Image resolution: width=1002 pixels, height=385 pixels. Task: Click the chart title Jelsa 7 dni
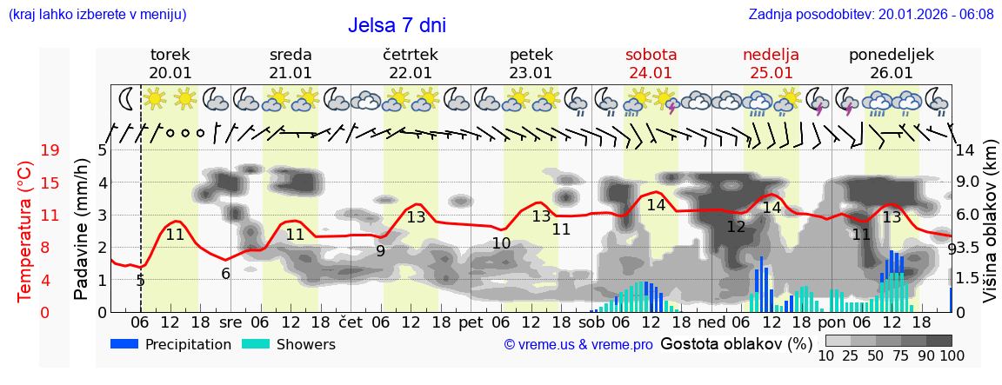[403, 25]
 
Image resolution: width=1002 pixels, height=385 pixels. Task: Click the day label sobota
[651, 55]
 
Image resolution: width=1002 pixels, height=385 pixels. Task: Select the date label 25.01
[771, 73]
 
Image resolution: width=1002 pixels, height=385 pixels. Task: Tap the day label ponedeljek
[891, 55]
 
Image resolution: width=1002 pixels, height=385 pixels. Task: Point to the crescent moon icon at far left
[127, 98]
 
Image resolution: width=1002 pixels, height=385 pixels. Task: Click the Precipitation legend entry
[170, 344]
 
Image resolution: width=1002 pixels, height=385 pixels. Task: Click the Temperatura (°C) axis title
[25, 231]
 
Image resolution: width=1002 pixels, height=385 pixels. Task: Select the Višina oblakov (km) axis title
[990, 231]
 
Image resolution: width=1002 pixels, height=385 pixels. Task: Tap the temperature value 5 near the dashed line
[140, 281]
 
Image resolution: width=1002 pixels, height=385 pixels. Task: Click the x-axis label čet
[351, 322]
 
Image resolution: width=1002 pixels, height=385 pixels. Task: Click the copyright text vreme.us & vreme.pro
[578, 344]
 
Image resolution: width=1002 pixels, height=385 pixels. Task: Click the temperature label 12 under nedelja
[736, 227]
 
